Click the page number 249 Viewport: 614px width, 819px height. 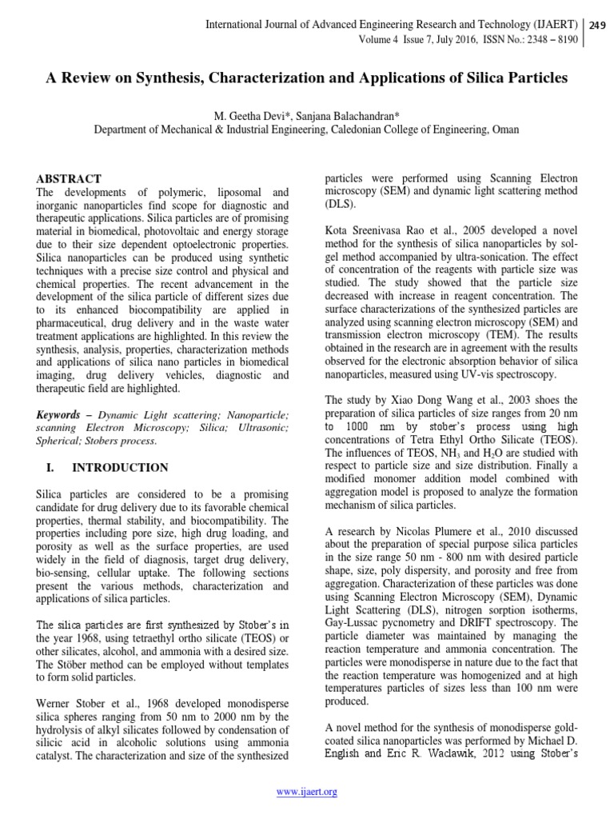pyautogui.click(x=596, y=25)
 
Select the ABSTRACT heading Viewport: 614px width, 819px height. pyautogui.click(x=70, y=178)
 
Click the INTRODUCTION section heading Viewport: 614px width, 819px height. pyautogui.click(x=122, y=468)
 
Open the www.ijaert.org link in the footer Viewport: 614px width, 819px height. pyautogui.click(x=306, y=792)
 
